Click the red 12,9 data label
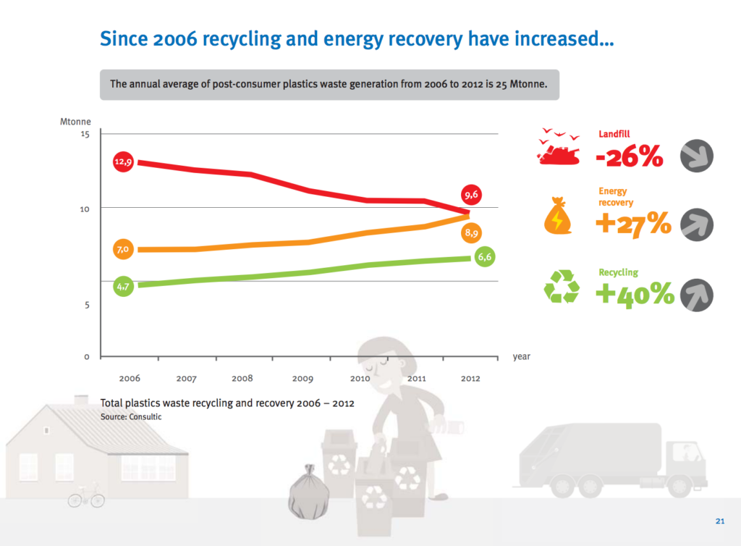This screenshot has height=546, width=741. [123, 162]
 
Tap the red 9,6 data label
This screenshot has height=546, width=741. [472, 195]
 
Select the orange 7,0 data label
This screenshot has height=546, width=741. [123, 250]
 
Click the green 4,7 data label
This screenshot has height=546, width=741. [123, 287]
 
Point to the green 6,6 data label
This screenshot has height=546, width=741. [485, 257]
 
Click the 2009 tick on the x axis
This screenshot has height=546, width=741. [302, 378]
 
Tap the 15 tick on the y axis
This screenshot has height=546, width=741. [85, 135]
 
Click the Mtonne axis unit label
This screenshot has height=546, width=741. [75, 122]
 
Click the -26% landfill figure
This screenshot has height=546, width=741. [629, 156]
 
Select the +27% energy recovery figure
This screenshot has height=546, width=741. [632, 224]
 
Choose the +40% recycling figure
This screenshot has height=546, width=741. [635, 294]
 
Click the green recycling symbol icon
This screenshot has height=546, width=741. [562, 287]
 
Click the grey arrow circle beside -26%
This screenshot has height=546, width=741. [697, 156]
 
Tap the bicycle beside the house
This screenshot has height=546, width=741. [86, 497]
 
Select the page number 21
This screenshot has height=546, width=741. [719, 521]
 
